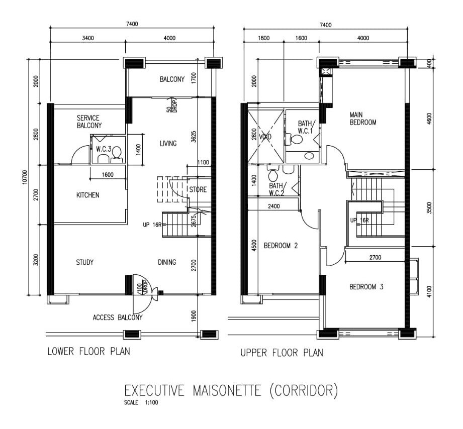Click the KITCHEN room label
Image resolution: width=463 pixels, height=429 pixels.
pos(87,195)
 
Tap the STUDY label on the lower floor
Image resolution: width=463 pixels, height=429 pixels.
pos(85,262)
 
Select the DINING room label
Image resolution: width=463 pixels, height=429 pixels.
pos(167,262)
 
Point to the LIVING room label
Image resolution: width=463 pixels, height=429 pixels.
pos(168,143)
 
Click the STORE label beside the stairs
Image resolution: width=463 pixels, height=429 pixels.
pos(198,189)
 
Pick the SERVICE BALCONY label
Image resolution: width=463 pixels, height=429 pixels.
pos(89,122)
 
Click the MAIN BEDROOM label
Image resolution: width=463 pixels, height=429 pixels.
pos(363,119)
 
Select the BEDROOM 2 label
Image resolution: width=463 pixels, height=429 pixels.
pos(281,246)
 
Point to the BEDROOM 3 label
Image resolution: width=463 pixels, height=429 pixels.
pos(366,287)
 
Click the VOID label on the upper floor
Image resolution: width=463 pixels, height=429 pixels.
pos(265,137)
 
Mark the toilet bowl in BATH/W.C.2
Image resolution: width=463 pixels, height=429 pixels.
pos(273,175)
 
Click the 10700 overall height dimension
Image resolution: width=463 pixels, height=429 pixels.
pos(25,177)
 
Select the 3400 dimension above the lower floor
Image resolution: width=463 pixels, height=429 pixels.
pos(88,38)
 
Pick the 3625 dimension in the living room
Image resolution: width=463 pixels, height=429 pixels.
pos(194,137)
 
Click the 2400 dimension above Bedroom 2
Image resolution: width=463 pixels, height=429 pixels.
pos(273,206)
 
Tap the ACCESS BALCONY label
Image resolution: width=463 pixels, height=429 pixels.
pos(118,317)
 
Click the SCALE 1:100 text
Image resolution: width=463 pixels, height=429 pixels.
pos(141,402)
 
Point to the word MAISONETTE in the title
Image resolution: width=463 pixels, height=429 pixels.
pos(227,390)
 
